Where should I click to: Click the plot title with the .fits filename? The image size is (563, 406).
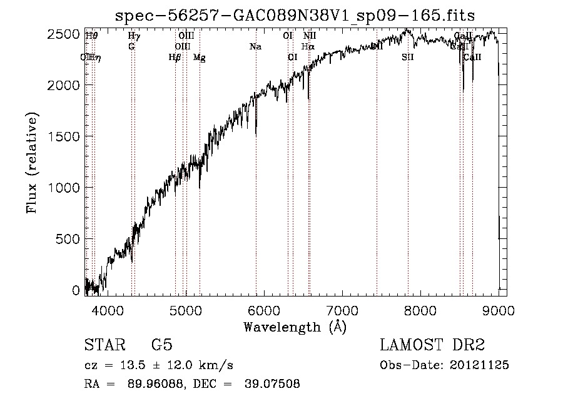[x=295, y=15]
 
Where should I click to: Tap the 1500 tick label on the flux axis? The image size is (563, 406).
[x=64, y=136]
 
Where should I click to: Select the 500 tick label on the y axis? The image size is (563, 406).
[x=68, y=239]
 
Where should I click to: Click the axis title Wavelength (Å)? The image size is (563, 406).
[x=294, y=327]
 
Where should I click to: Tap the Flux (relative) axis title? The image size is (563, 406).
[x=32, y=163]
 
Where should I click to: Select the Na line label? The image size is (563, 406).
[x=255, y=46]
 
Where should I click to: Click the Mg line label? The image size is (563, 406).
[x=199, y=58]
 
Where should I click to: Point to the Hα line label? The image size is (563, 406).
[x=308, y=46]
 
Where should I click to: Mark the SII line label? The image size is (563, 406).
[x=408, y=58]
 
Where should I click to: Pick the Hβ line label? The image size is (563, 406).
[x=175, y=58]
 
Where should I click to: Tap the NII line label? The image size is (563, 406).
[x=310, y=36]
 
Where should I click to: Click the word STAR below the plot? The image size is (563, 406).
[x=104, y=346]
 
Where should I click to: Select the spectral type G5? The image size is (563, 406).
[x=161, y=346]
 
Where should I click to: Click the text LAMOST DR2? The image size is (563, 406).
[x=432, y=346]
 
